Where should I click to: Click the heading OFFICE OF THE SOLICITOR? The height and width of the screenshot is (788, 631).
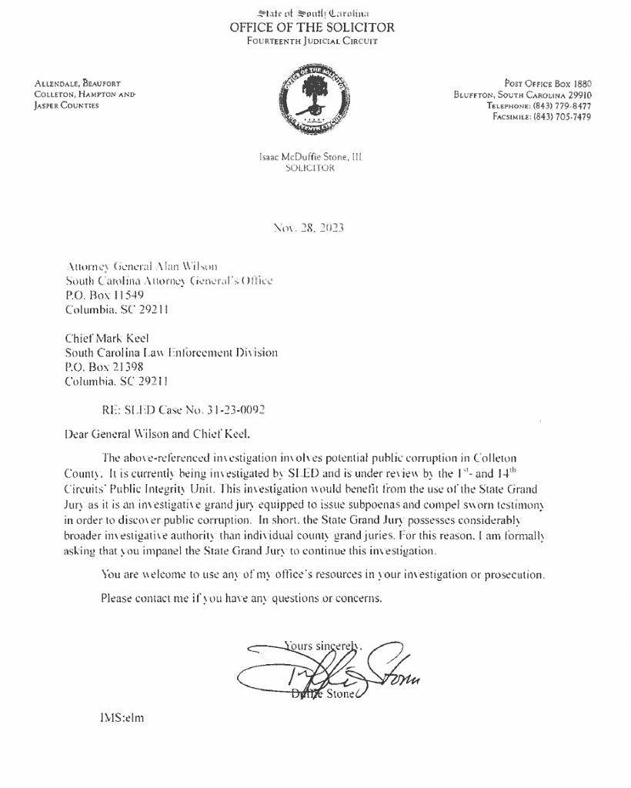[x=312, y=27]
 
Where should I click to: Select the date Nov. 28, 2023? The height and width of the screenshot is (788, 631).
[x=309, y=228]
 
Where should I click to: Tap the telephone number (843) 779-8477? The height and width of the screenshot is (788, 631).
[x=562, y=105]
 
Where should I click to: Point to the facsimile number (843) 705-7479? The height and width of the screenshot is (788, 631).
[x=562, y=117]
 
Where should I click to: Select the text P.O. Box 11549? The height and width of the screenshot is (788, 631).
[x=105, y=295]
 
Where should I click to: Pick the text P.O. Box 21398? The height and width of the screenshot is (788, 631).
[x=105, y=367]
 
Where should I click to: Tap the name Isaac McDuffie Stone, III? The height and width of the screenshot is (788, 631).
[x=311, y=157]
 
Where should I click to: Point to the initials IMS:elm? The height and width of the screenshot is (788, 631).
[x=122, y=718]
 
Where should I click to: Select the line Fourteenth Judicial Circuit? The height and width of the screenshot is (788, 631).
[x=312, y=41]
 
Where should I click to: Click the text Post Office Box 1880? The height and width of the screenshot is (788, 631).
[x=547, y=83]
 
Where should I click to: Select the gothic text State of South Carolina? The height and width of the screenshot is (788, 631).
[x=312, y=13]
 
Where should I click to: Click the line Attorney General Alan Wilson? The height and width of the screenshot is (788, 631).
[x=137, y=266]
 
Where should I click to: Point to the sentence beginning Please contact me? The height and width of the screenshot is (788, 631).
[x=241, y=597]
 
